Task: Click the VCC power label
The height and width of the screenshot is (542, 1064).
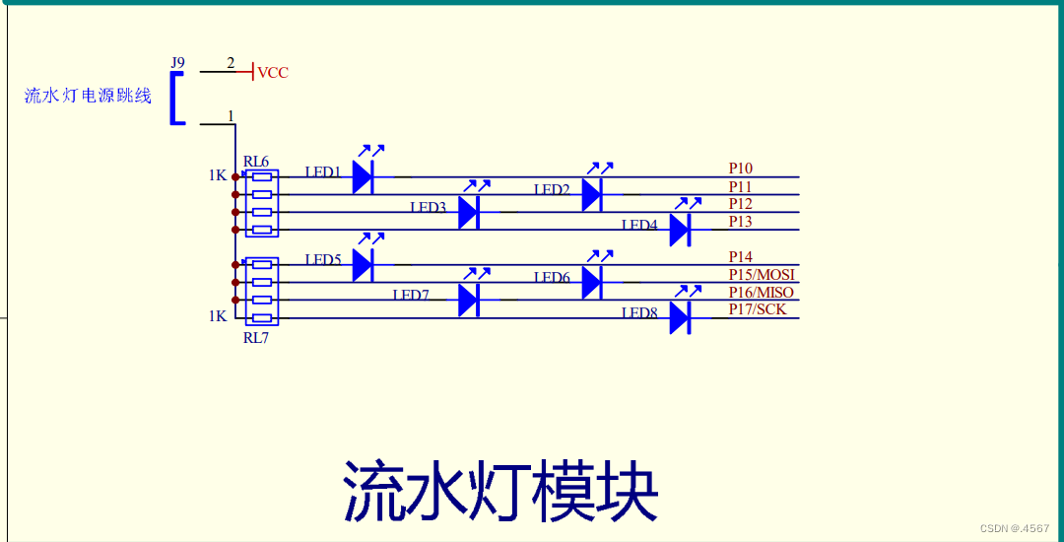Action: click(273, 73)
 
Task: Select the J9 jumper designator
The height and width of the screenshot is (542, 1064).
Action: click(177, 63)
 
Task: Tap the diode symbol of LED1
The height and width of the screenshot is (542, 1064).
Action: click(363, 177)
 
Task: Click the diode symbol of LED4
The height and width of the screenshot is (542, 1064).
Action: click(679, 230)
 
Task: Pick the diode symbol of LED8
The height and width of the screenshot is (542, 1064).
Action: click(679, 318)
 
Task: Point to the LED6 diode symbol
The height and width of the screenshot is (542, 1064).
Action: click(591, 283)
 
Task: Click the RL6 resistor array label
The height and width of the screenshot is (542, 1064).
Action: click(256, 162)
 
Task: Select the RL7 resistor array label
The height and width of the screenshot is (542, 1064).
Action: click(256, 337)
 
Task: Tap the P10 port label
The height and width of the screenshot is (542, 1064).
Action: click(741, 169)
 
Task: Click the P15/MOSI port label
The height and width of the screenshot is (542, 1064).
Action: click(762, 275)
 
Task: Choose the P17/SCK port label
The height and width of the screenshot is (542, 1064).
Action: click(758, 310)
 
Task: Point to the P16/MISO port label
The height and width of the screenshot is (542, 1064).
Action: click(762, 293)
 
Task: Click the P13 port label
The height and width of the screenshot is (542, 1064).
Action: click(741, 222)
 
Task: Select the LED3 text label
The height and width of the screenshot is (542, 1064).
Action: click(429, 207)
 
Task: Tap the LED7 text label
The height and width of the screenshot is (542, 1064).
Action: click(411, 295)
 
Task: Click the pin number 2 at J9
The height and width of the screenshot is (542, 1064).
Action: click(232, 63)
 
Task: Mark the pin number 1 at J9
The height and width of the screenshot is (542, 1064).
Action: click(232, 116)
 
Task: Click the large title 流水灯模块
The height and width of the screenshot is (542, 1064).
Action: click(500, 490)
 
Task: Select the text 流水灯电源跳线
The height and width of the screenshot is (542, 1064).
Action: click(89, 96)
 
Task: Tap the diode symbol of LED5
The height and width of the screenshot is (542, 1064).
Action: click(363, 264)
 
